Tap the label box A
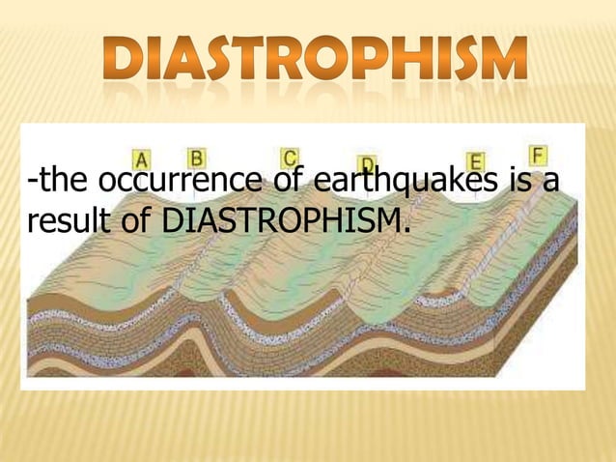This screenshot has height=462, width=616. [x=142, y=159]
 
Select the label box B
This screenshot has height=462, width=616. [x=197, y=156]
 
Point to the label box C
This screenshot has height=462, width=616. [x=290, y=158]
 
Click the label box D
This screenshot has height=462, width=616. [x=367, y=165]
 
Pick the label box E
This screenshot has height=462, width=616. [x=475, y=161]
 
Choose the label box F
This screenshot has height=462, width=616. [x=538, y=155]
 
